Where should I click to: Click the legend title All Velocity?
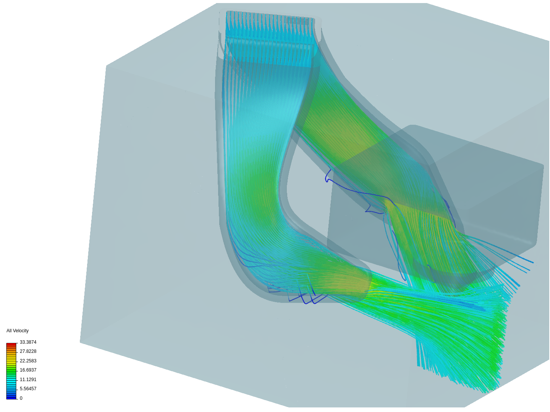[18, 331]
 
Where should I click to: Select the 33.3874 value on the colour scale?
[28, 342]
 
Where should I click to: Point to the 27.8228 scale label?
[28, 351]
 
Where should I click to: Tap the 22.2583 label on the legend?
[28, 361]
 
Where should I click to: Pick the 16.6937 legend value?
[28, 370]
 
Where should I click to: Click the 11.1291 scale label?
[28, 380]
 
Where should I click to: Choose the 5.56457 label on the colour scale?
[28, 389]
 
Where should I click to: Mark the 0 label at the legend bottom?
[21, 398]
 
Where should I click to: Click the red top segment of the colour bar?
[11, 344]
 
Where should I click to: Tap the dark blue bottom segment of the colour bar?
[11, 397]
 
